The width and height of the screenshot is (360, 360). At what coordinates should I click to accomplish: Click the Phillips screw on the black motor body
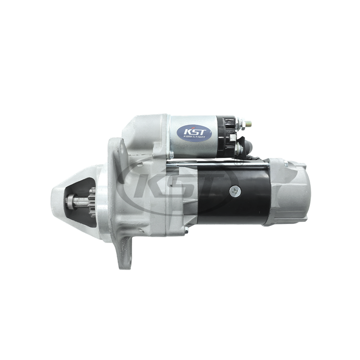(x=235, y=191)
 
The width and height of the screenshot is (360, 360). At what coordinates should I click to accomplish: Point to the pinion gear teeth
(x=92, y=202)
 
